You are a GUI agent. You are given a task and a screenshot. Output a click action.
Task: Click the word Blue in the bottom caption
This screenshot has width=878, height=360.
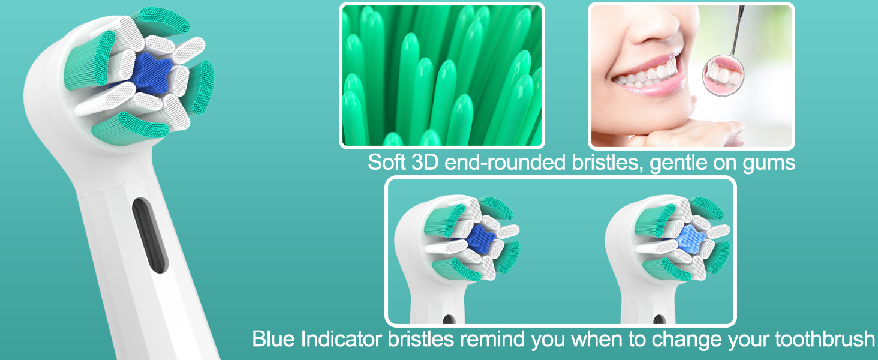pyautogui.click(x=273, y=339)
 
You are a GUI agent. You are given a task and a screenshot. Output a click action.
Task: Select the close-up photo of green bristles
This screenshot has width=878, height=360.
pyautogui.click(x=442, y=76)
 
